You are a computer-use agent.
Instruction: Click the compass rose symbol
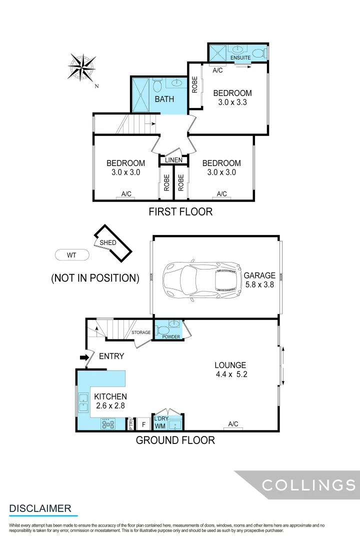[x=82, y=67]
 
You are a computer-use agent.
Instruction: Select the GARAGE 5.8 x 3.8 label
[x=259, y=280]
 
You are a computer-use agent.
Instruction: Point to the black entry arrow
[x=84, y=357]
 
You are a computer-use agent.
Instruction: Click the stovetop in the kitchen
[x=107, y=424]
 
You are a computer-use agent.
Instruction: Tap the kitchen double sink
[x=83, y=403]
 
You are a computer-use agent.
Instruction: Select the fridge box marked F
[x=144, y=424]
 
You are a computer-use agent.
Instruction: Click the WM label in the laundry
[x=160, y=426]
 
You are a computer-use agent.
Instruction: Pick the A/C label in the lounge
[x=233, y=424]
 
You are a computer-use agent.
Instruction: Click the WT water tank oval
[x=71, y=255]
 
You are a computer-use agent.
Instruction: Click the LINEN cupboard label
[x=173, y=160]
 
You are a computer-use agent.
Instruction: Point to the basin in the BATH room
[x=177, y=83]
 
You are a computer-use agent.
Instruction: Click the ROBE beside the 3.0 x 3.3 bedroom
[x=194, y=85]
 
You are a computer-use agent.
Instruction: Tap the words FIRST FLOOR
[x=180, y=211]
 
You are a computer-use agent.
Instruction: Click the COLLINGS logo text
[x=309, y=485]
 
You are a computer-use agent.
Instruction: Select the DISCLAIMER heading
[x=40, y=508]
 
